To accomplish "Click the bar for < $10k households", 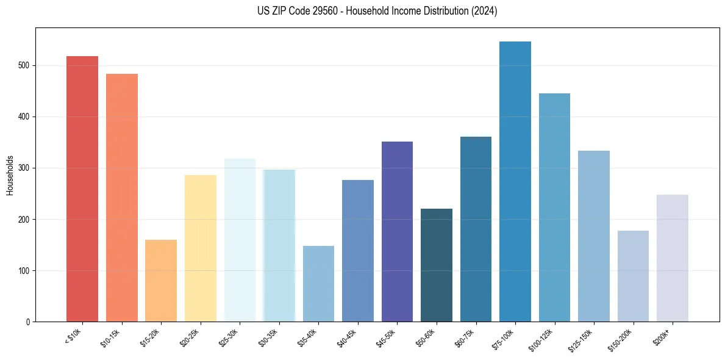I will point(82,189).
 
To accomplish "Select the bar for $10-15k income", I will point(122,198).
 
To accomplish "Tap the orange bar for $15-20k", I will point(161,281).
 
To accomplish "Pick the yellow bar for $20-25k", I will point(201,248).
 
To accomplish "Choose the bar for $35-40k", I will point(318,284).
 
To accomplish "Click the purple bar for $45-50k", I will point(397,231).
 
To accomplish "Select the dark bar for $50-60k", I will point(437,265).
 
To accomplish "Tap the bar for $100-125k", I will point(554,207).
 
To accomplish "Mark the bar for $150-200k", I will point(633,276).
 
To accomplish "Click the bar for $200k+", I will point(673,258).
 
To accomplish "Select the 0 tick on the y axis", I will point(29,322).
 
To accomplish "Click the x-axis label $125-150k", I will point(582,339).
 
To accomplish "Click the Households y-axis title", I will point(10,174).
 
